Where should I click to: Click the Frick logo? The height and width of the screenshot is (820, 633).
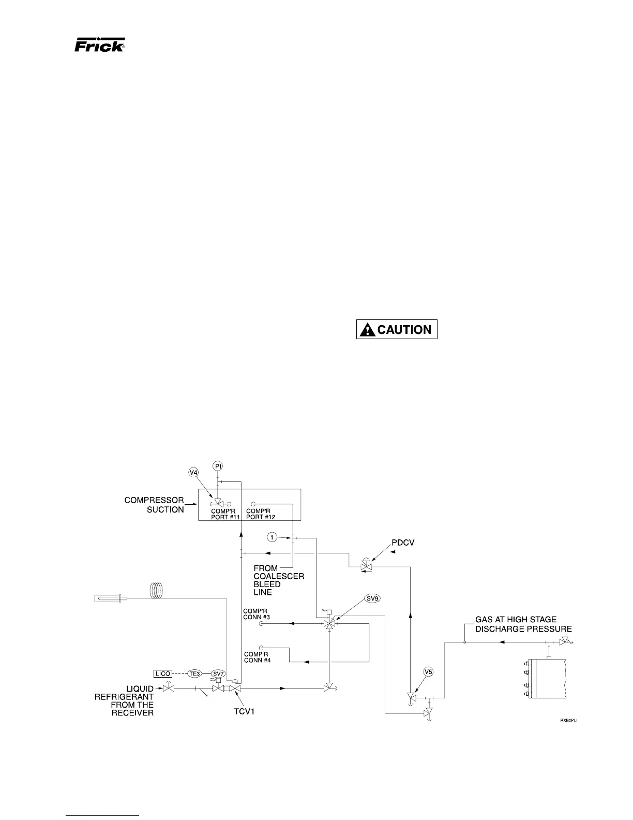pos(99,46)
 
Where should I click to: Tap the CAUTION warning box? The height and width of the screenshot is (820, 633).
pos(397,330)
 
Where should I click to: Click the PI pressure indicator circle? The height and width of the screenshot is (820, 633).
pos(218,466)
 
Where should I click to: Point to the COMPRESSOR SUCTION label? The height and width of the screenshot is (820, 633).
pos(154,505)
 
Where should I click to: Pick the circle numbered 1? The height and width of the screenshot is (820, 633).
pos(272,537)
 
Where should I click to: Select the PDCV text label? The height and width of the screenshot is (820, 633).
pos(403,543)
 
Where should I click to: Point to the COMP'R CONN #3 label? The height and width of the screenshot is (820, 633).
pos(257,614)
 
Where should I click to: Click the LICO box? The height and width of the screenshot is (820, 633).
pos(162,673)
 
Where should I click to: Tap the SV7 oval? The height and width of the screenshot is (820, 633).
pos(218,673)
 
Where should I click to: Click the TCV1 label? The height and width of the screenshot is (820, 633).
pos(242,711)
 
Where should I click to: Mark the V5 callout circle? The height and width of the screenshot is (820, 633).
pos(428,672)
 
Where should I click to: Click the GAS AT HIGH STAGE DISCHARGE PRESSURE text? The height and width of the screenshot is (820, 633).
pos(523,624)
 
